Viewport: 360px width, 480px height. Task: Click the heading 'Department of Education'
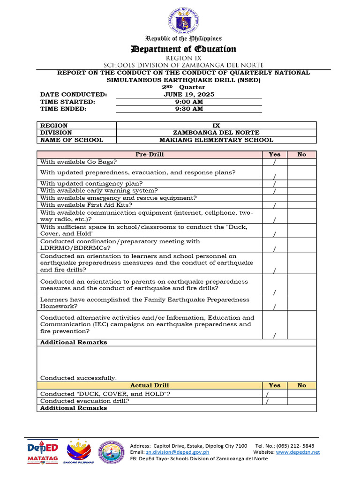[x=183, y=49]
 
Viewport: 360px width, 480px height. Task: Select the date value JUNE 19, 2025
[x=189, y=94]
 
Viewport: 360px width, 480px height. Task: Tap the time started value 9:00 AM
[x=189, y=102]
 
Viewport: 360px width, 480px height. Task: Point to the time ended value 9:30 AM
[x=189, y=109]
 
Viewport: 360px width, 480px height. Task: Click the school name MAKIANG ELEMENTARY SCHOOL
[x=216, y=140]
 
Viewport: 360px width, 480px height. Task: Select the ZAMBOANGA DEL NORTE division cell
[x=216, y=133]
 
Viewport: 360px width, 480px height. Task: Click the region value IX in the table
[x=216, y=126]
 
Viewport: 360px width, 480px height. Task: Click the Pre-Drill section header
[x=150, y=154]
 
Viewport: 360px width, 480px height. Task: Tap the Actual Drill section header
[x=150, y=385]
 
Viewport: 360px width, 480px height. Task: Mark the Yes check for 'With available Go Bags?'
[x=274, y=162]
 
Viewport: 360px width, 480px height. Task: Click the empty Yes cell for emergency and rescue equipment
[x=274, y=198]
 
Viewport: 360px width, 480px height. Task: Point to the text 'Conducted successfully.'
[x=79, y=378]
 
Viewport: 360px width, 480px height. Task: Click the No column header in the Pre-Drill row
[x=301, y=154]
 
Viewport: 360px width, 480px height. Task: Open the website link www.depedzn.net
[x=298, y=452]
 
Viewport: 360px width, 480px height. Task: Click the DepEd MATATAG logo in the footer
[x=42, y=452]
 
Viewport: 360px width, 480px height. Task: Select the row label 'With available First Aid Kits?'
[x=86, y=205]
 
